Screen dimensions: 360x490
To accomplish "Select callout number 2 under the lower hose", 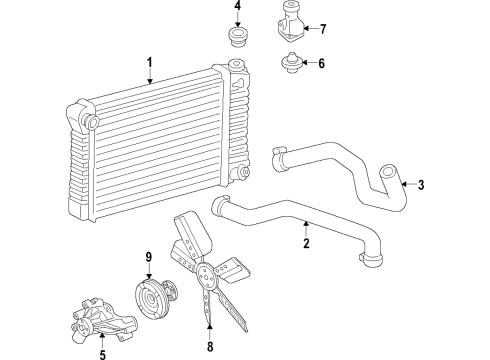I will coord(306,243).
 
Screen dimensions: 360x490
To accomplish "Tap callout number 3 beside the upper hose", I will coord(421,184).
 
